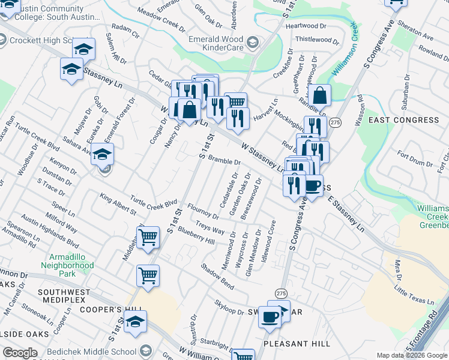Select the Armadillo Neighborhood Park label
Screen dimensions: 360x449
coord(68,265)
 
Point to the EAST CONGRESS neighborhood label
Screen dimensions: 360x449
coord(403,120)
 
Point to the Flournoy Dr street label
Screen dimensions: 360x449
coord(203,212)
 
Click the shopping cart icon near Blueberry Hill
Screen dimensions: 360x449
coord(148,237)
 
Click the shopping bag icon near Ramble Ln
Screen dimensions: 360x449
coord(321,95)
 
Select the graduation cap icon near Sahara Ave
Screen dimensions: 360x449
coord(102,155)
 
